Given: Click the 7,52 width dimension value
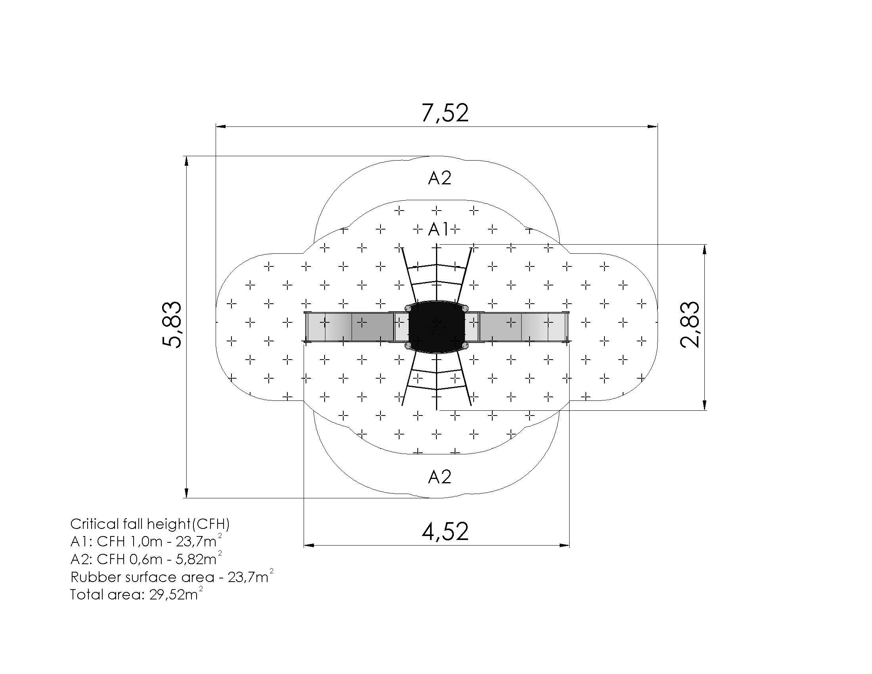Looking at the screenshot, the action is click(445, 113).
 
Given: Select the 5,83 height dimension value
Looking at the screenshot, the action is click(172, 325).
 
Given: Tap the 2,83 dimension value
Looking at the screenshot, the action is click(690, 324).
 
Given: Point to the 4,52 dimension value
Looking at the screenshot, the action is click(445, 531).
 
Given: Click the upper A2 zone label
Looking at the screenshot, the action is click(440, 178).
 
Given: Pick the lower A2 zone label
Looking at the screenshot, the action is click(440, 477).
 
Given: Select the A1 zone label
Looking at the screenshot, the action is click(438, 229).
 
